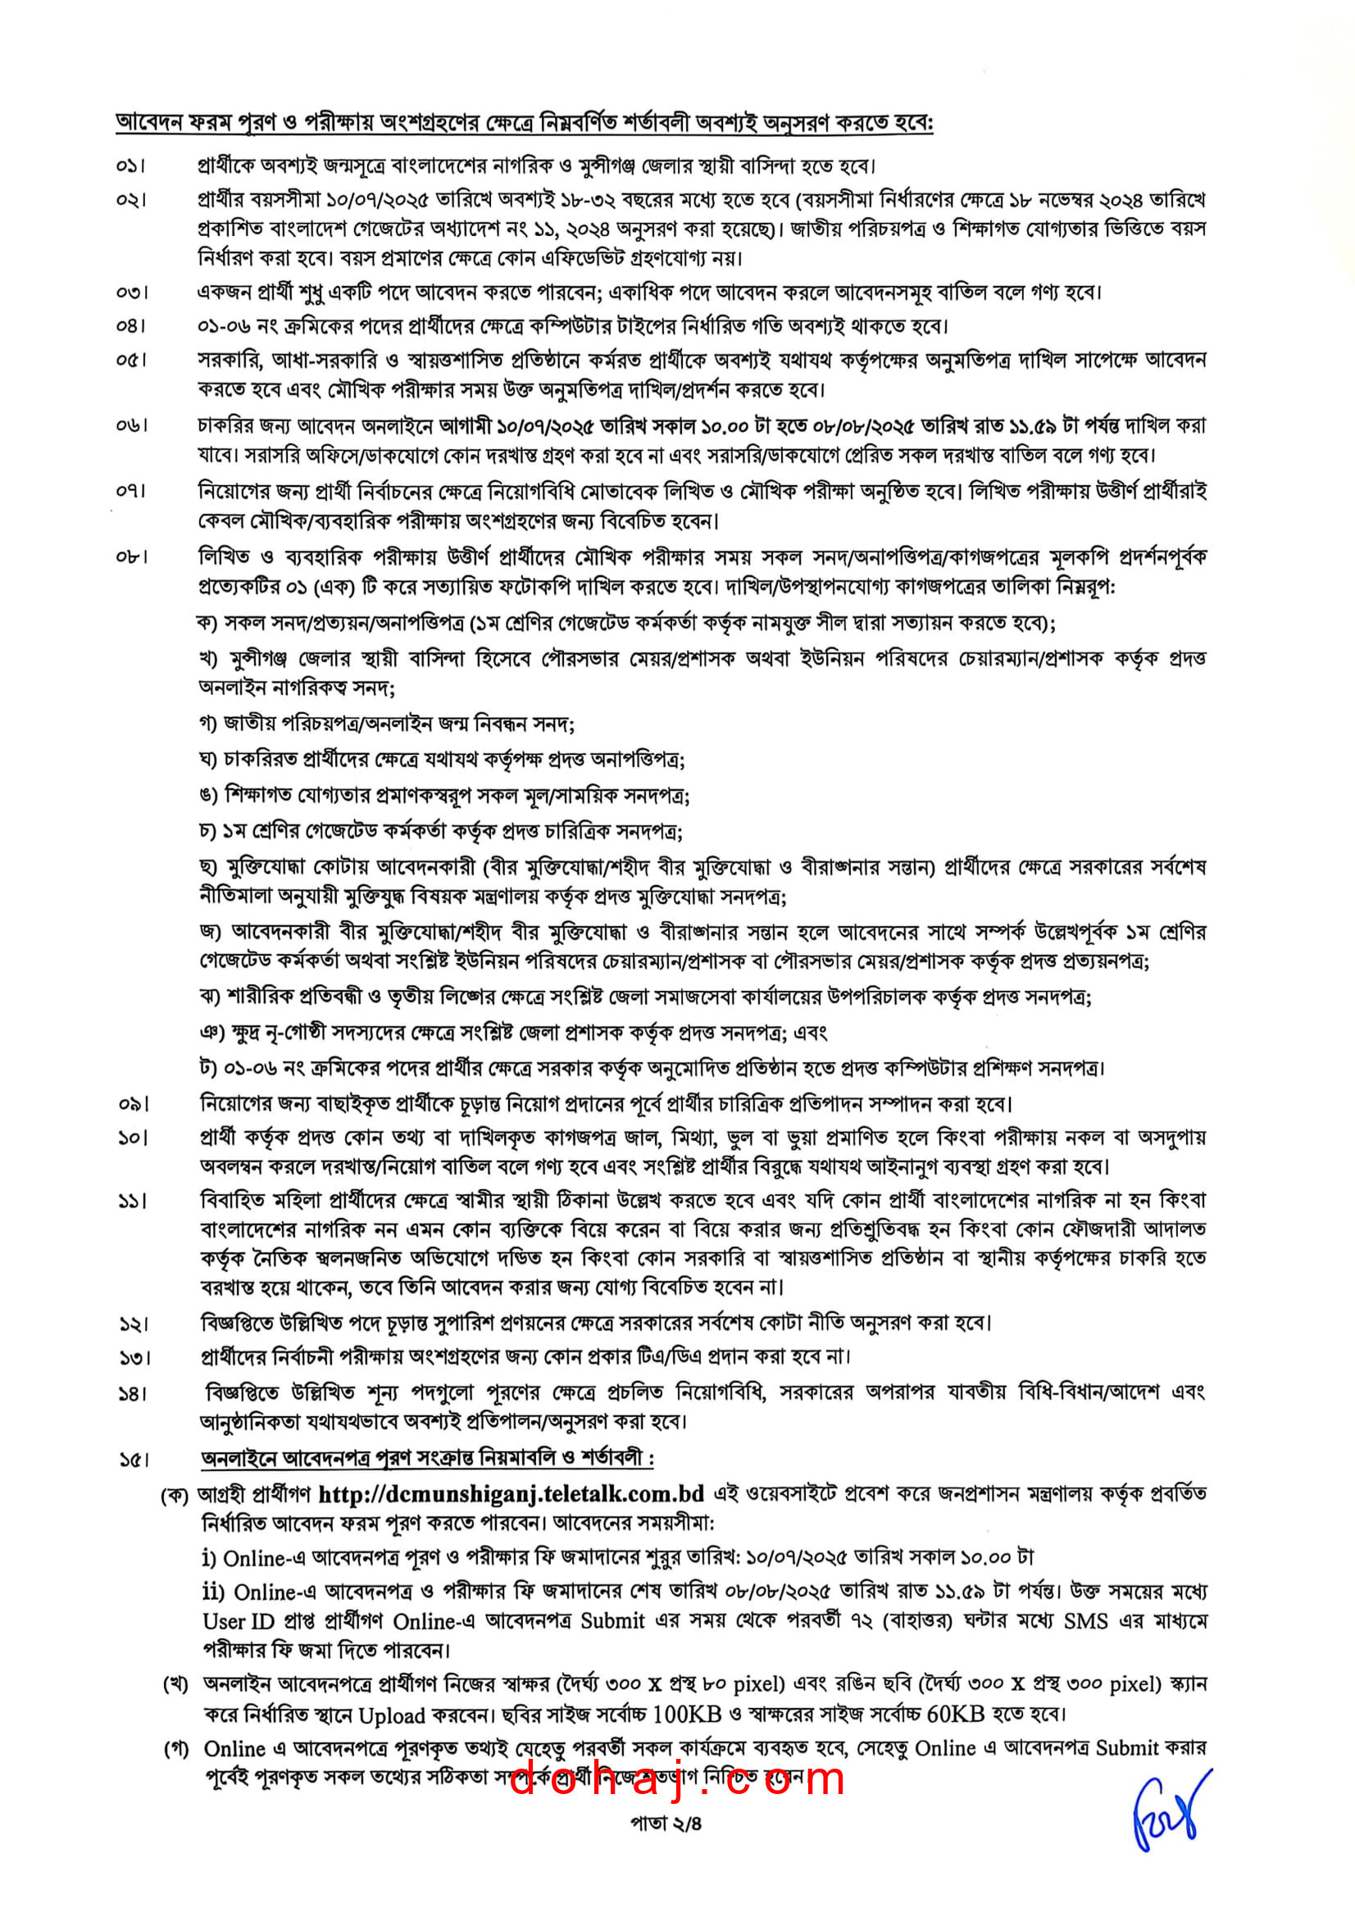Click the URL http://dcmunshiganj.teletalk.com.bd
pyautogui.click(x=511, y=1492)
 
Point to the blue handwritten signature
pyautogui.click(x=1169, y=1810)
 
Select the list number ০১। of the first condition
pyautogui.click(x=131, y=167)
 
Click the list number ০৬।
pyautogui.click(x=131, y=426)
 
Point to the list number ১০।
pyautogui.click(x=133, y=1138)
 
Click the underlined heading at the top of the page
pyautogui.click(x=525, y=123)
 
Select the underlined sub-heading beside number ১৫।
pyautogui.click(x=426, y=1458)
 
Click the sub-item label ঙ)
pyautogui.click(x=209, y=795)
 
